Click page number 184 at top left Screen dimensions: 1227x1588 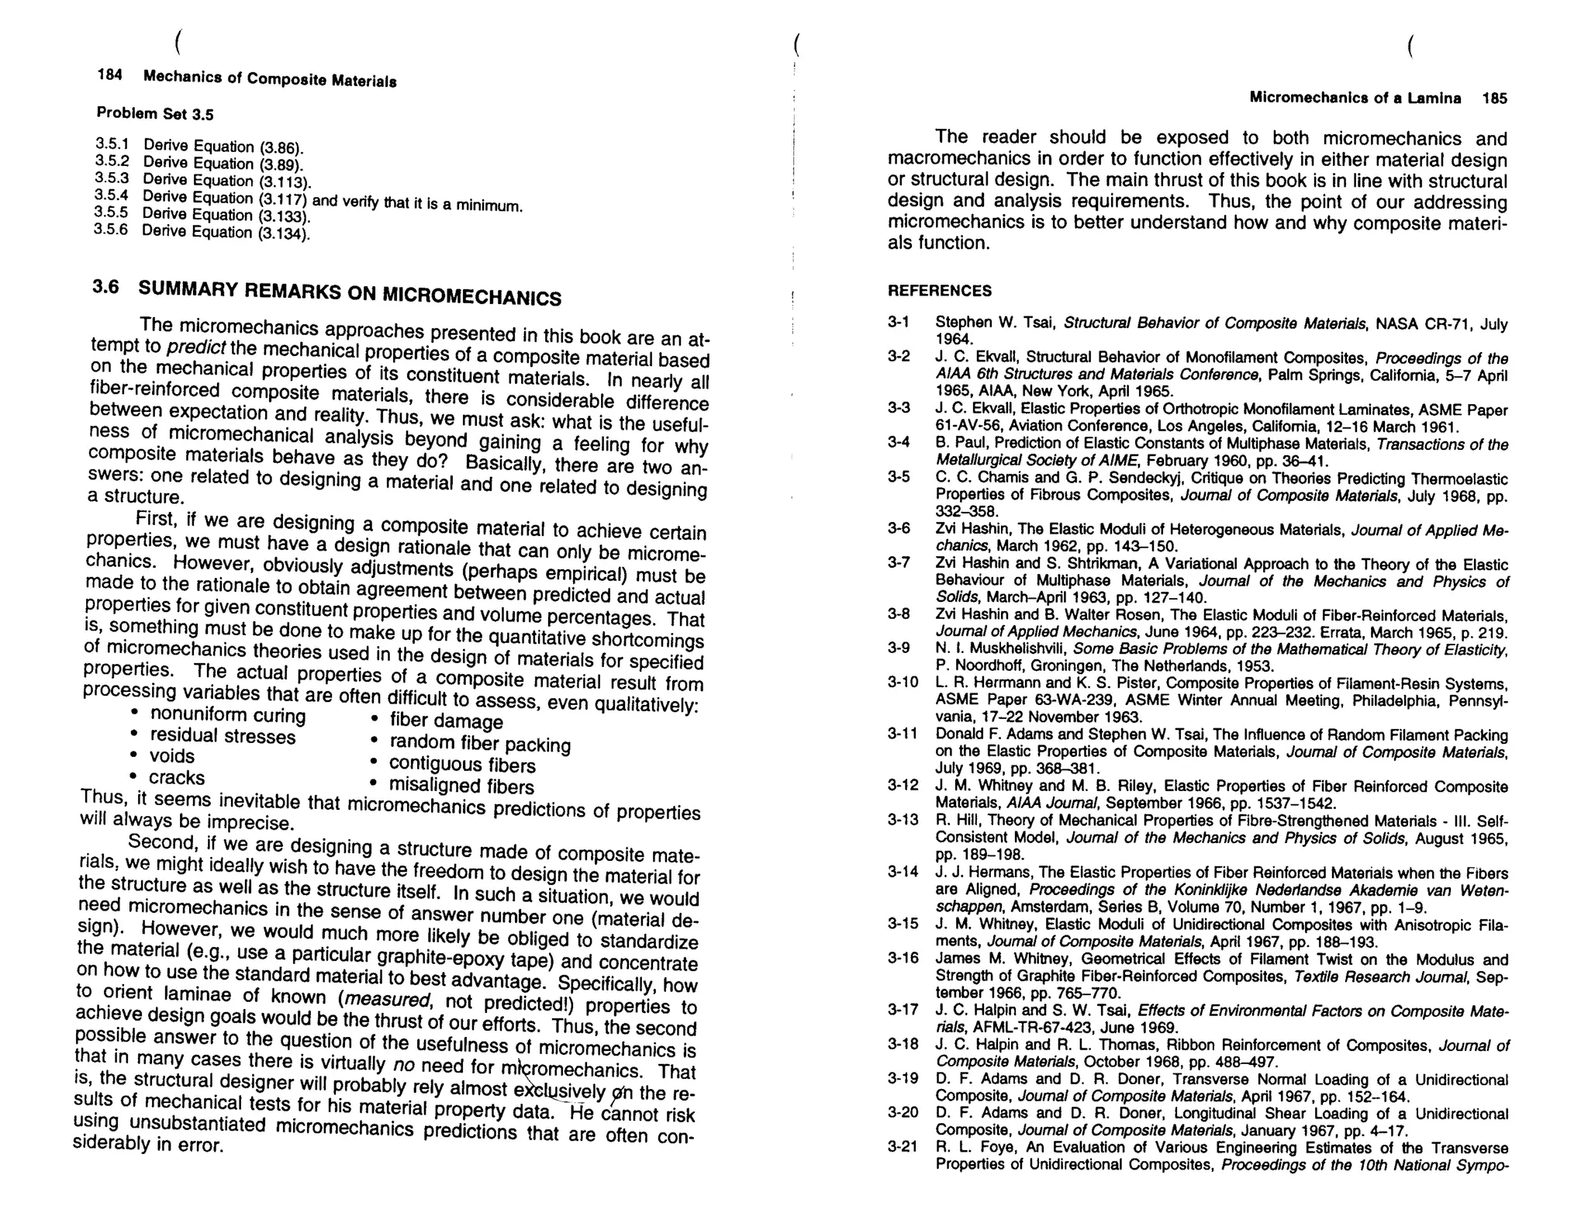pos(109,74)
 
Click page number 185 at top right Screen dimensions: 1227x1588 pos(1494,99)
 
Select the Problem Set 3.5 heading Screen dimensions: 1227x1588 pos(154,114)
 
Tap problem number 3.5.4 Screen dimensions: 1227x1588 pos(111,195)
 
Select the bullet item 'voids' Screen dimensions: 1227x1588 pos(172,756)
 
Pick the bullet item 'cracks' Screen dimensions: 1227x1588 pos(177,777)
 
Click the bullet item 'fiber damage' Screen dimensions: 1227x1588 pos(446,721)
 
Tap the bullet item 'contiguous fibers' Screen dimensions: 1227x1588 pos(462,766)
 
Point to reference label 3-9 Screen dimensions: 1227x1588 pos(899,648)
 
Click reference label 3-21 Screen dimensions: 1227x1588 pos(903,1146)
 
